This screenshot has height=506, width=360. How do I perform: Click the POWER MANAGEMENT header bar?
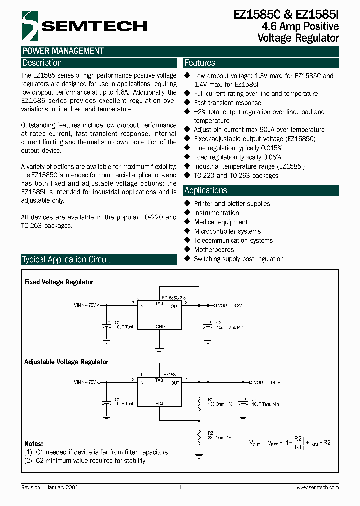62,51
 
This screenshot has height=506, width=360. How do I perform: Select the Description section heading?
42,63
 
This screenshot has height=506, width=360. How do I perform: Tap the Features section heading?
200,63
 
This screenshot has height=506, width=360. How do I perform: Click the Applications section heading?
205,191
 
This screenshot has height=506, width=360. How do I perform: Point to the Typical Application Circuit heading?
66,260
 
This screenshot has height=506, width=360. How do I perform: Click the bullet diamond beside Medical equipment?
188,222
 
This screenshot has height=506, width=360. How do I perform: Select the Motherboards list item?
214,250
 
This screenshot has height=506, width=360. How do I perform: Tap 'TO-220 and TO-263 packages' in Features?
236,176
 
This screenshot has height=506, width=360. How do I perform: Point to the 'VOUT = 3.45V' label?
267,382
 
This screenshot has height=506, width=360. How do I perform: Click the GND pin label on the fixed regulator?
160,326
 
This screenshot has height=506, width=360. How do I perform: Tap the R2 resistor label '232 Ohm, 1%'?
219,437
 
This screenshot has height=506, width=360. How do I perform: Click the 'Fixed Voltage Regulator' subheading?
59,282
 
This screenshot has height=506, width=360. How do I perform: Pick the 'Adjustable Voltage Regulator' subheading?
66,362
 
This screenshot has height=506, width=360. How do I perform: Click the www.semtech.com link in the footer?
317,487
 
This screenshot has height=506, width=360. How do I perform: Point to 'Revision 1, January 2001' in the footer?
49,487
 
